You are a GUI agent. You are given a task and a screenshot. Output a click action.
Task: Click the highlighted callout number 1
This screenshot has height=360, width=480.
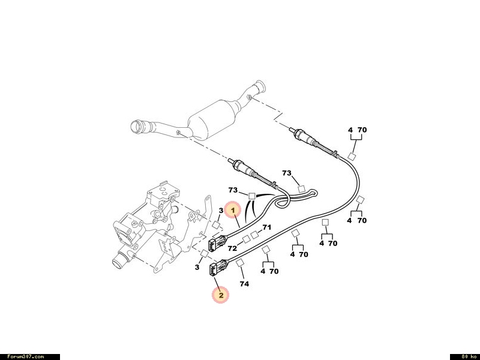pyautogui.click(x=233, y=211)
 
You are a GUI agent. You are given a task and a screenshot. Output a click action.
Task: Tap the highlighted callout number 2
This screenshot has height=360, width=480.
pyautogui.click(x=221, y=295)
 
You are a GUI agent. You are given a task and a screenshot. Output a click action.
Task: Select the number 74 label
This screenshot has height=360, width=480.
pyautogui.click(x=244, y=284)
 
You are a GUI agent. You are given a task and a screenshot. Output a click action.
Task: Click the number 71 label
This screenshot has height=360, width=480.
pyautogui.click(x=266, y=227)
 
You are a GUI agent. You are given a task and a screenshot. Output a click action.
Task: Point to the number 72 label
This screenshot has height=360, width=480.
pyautogui.click(x=232, y=248)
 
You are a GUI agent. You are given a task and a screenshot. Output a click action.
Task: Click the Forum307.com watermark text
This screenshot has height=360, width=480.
pyautogui.click(x=25, y=356)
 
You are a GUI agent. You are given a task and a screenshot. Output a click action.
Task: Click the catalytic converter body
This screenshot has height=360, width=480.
pyautogui.click(x=212, y=119)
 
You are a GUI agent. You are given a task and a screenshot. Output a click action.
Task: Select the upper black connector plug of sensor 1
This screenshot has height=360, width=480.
pyautogui.click(x=217, y=243)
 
